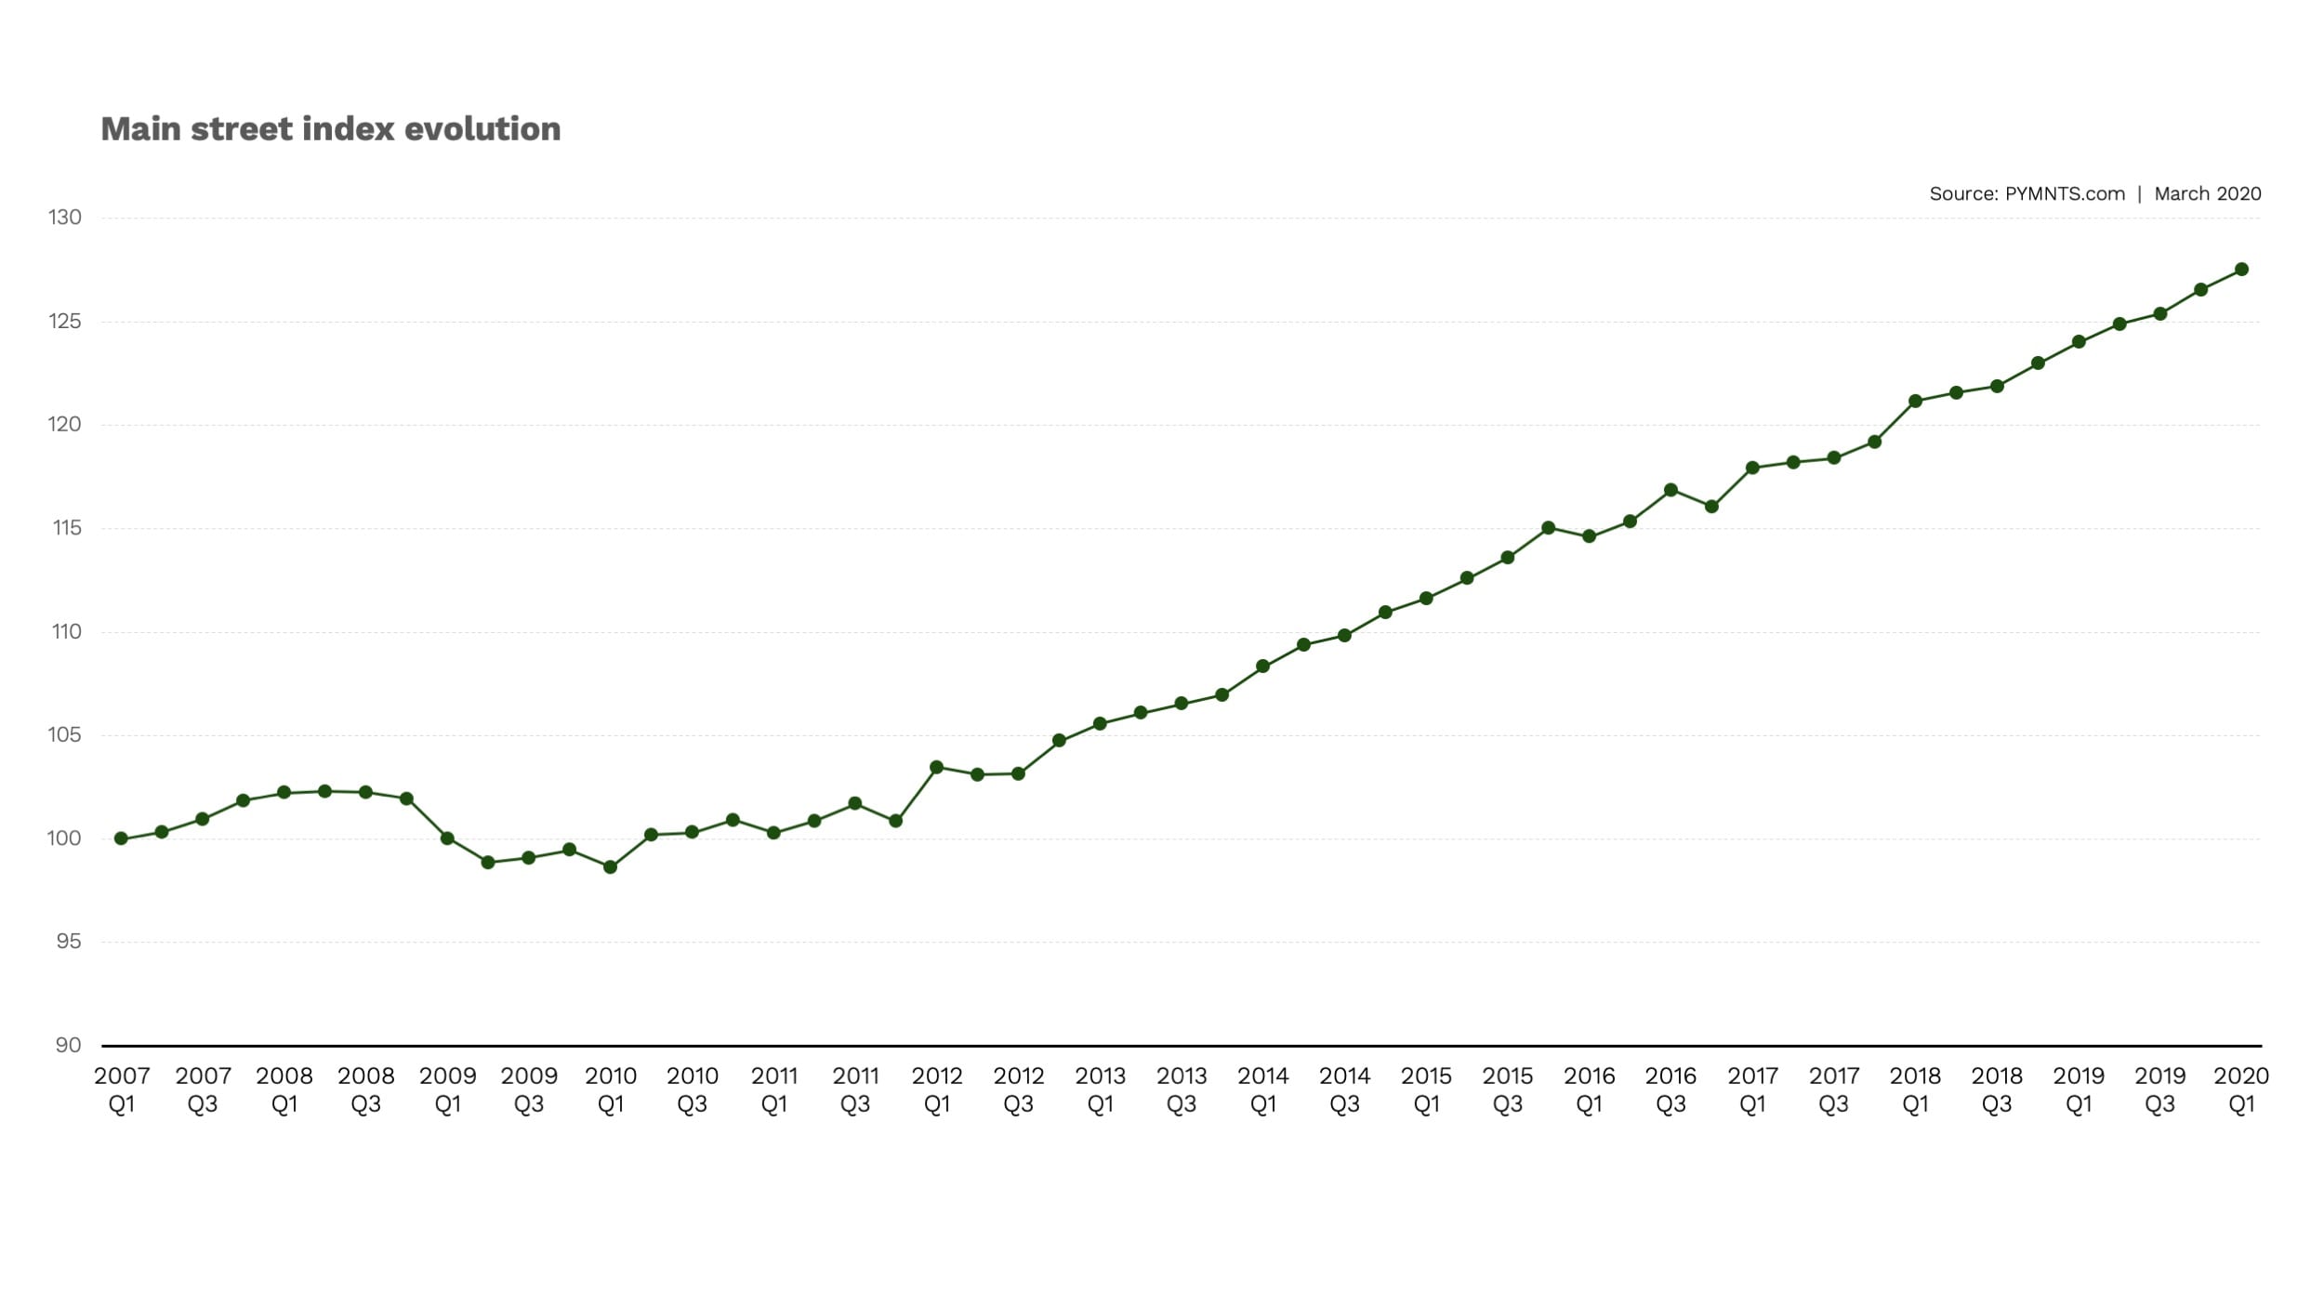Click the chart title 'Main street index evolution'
coord(330,129)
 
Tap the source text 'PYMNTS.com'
coord(2064,193)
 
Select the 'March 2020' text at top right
coord(2207,193)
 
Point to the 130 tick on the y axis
coord(65,218)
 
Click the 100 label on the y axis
coord(64,838)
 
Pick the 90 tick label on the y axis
coord(68,1045)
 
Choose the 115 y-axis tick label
coord(67,528)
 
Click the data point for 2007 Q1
coord(121,838)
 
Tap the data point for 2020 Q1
coord(2241,270)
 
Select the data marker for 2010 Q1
coord(611,867)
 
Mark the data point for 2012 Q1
coord(937,768)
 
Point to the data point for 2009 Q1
coord(447,838)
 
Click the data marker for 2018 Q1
coord(1915,402)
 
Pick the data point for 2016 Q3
coord(1670,490)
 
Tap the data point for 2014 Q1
coord(1262,667)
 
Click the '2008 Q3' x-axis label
coord(365,1090)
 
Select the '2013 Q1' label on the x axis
coord(1100,1090)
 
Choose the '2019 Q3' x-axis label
coord(2159,1090)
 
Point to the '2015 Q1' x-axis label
coord(1426,1090)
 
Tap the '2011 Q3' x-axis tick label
coord(855,1090)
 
